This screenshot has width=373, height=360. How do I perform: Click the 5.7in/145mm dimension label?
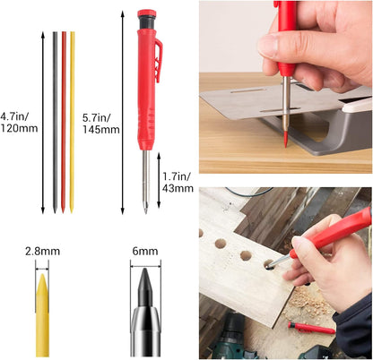tap(99, 123)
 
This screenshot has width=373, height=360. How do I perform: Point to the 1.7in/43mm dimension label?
tap(176, 183)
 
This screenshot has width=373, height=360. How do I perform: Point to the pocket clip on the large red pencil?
tap(158, 61)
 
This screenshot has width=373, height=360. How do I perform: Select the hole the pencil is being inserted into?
tap(268, 265)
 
